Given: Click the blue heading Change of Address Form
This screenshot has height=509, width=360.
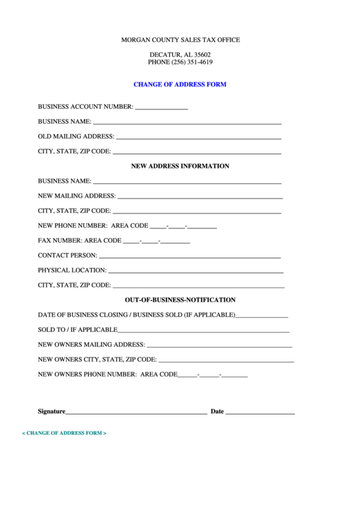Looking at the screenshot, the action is click(179, 85).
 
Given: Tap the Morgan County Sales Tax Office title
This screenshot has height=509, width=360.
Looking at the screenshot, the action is click(180, 40).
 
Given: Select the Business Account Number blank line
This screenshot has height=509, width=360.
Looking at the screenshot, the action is click(162, 108).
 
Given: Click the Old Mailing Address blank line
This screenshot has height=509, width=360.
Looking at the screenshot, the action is click(198, 138).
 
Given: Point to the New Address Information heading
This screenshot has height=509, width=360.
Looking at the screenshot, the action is click(179, 166).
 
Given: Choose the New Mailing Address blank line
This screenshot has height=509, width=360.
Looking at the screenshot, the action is click(200, 197).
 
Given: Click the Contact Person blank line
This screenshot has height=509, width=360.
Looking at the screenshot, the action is click(190, 257).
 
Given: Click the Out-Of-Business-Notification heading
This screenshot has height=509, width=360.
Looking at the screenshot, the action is click(180, 300).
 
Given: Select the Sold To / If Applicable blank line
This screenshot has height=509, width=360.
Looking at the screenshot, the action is click(204, 331).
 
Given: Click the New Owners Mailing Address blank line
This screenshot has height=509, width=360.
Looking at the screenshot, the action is click(219, 346).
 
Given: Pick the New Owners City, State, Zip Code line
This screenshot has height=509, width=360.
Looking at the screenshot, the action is click(226, 361).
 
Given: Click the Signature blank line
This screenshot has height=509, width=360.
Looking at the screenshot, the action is click(136, 413).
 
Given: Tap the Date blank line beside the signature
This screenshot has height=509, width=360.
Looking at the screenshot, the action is click(259, 413).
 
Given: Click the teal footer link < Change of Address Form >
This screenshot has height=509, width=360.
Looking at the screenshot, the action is click(65, 433).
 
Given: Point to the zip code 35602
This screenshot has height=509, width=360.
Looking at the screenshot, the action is click(199, 54).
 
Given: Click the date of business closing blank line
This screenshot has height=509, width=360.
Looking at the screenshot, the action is click(262, 316).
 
